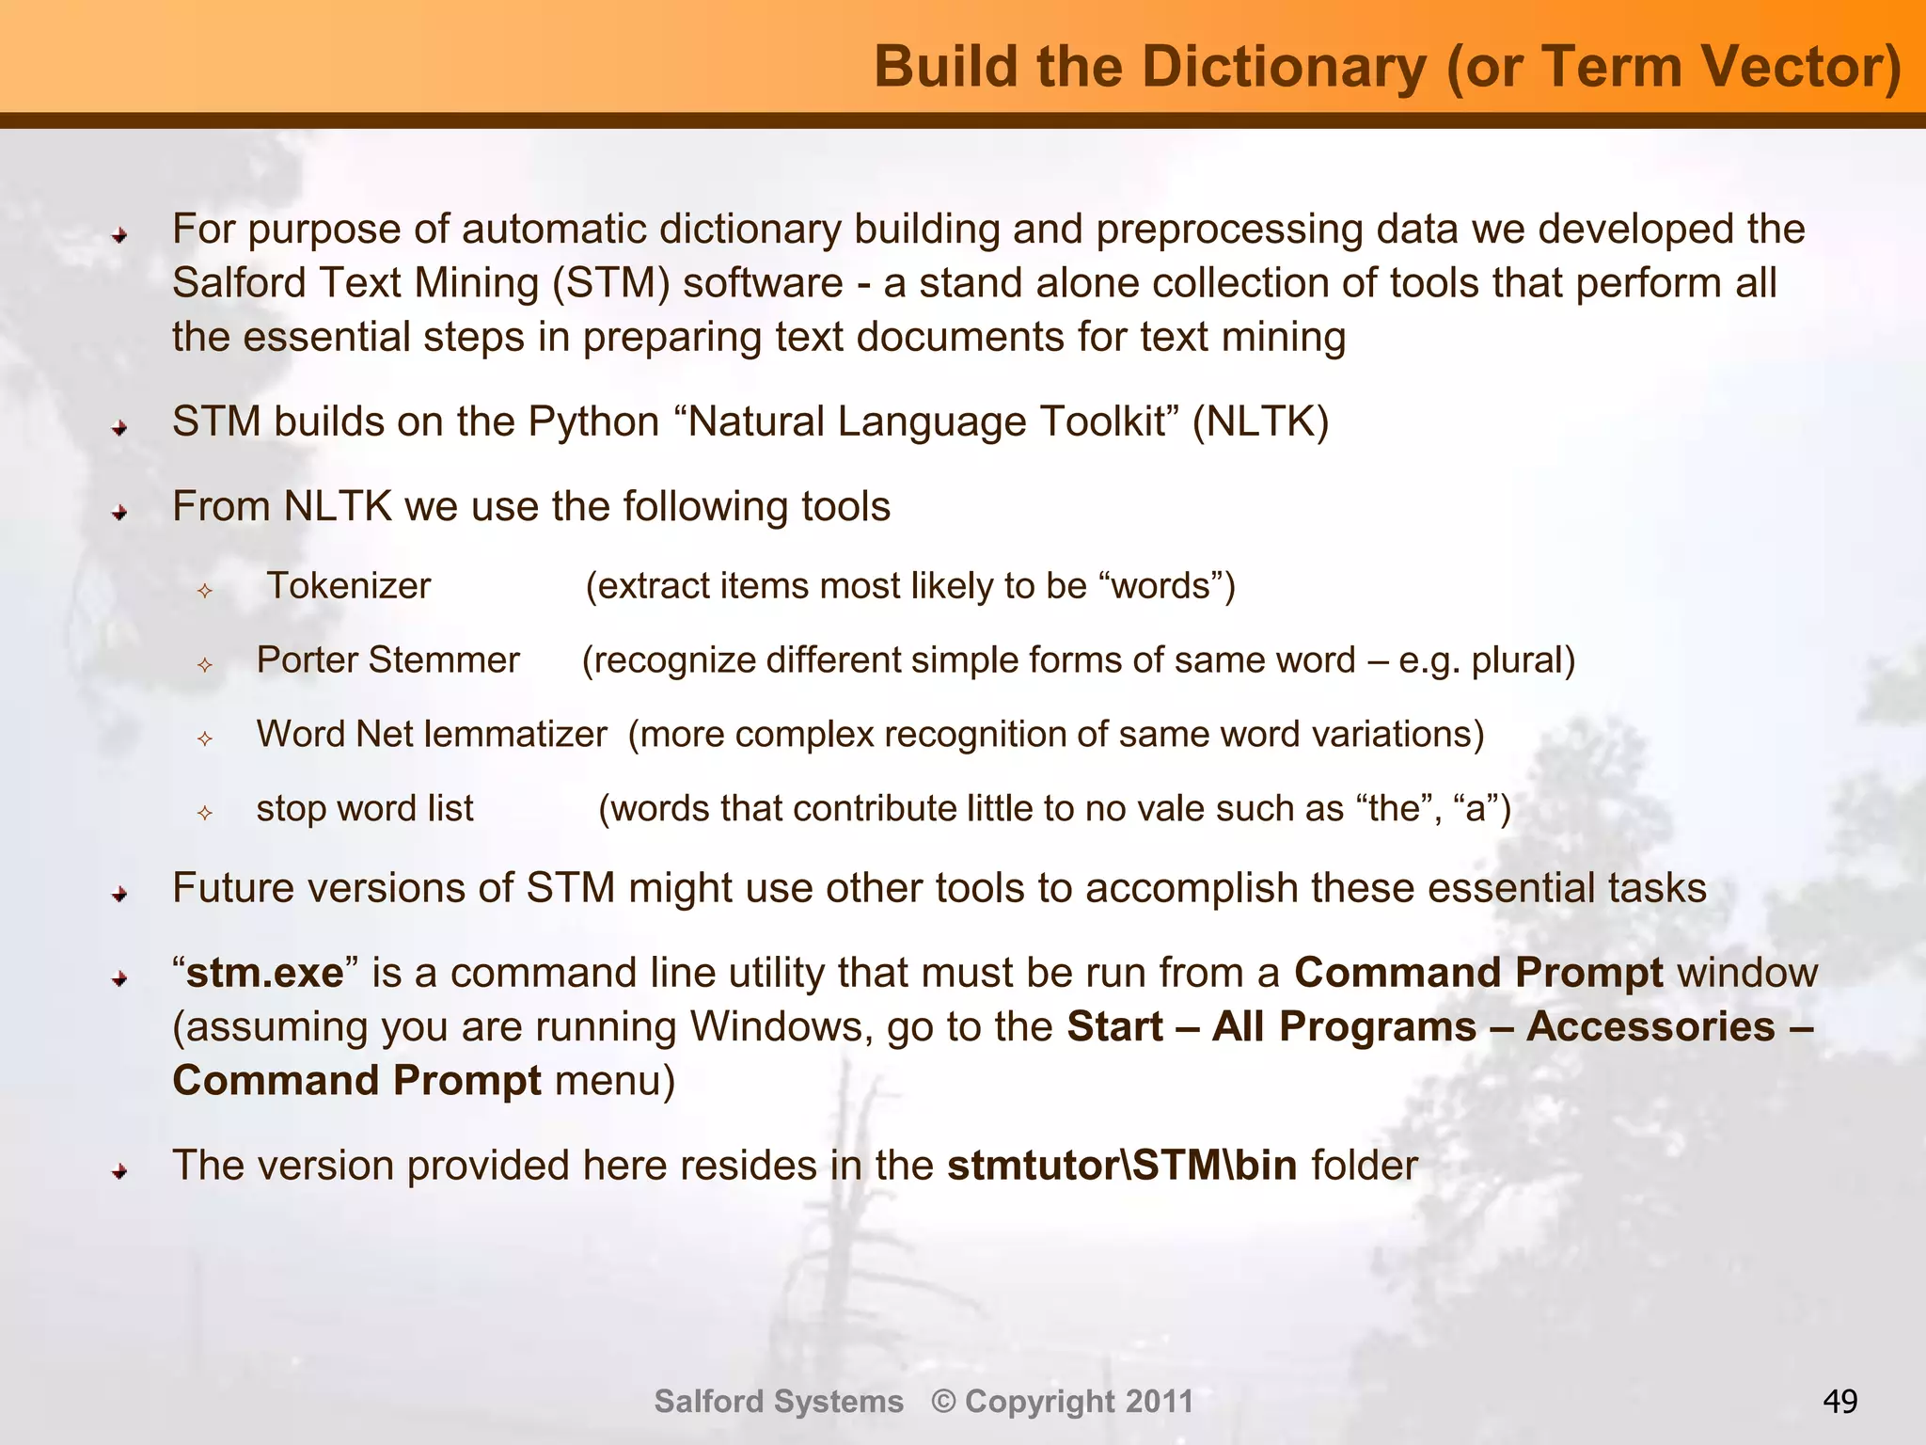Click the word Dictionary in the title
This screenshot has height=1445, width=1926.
click(1284, 68)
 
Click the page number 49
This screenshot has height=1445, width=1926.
click(1839, 1402)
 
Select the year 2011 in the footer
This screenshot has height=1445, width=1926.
click(1160, 1402)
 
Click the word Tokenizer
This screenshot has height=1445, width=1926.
click(349, 586)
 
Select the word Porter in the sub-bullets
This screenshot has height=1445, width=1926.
click(307, 660)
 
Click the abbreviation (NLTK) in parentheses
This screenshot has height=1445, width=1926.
click(1260, 422)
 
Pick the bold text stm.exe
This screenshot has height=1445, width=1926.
click(265, 973)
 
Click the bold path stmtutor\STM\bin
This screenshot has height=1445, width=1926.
click(1122, 1166)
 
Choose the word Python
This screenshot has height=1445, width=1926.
click(593, 422)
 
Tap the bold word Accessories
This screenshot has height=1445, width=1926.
click(1650, 1026)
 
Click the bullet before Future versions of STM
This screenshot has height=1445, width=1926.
click(119, 894)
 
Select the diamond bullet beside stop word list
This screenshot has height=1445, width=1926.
click(205, 812)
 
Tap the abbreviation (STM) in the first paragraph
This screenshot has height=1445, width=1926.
click(611, 284)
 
